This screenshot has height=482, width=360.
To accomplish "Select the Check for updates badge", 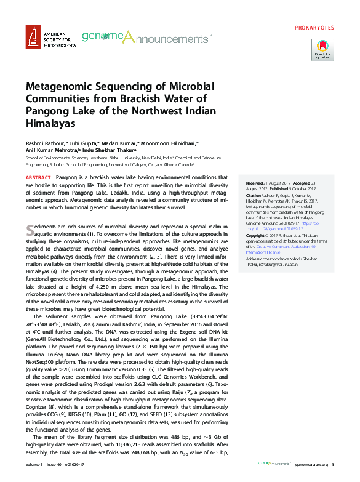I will tap(323, 49).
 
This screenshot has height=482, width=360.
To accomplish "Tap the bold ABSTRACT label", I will tap(38, 177).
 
